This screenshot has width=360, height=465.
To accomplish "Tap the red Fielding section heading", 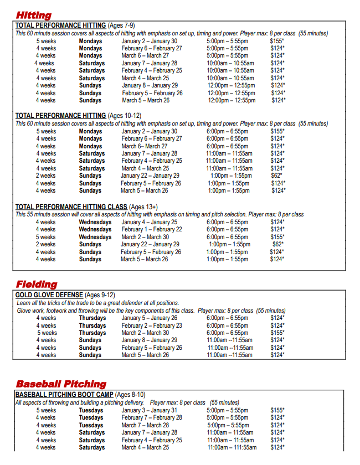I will (36, 284).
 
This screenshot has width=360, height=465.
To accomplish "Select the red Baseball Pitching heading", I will (61, 384).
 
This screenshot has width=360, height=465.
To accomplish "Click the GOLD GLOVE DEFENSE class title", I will (49, 295).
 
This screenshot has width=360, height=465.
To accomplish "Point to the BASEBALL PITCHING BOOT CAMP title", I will (64, 395).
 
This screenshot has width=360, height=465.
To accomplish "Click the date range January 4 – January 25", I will (150, 222).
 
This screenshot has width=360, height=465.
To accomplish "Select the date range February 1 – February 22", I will (152, 229).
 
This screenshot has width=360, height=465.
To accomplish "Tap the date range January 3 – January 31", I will (150, 410).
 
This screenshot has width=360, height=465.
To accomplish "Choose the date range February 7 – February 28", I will (152, 417).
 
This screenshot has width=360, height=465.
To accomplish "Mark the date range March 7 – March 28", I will (146, 425).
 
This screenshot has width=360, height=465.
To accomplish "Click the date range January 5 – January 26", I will (150, 318).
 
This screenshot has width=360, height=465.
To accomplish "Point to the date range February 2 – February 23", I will (152, 325).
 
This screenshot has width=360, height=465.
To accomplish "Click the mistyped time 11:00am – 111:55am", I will (232, 447).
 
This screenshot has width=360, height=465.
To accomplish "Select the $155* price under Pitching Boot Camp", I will (277, 410).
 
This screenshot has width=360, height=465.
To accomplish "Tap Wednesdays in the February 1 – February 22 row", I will (95, 229).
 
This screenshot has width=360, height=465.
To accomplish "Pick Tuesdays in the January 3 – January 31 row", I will (91, 410).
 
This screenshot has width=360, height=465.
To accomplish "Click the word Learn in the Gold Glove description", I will (24, 303).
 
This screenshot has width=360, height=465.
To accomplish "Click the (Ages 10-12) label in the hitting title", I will (126, 116).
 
